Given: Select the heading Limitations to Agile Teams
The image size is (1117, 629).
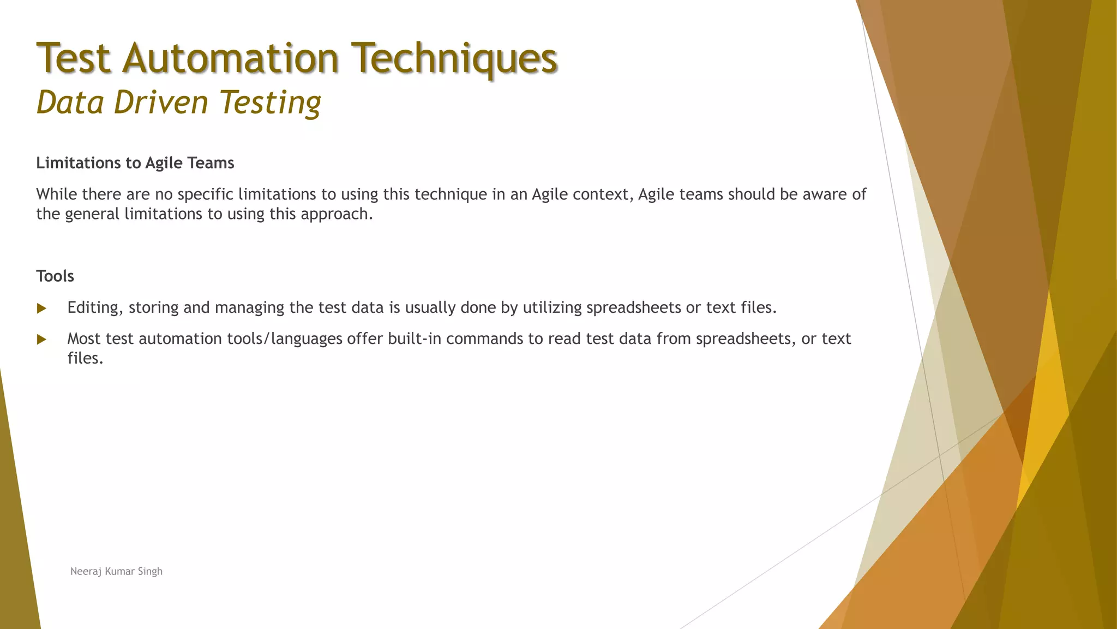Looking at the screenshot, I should (x=135, y=163).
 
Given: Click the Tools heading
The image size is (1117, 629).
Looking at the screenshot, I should (x=55, y=276).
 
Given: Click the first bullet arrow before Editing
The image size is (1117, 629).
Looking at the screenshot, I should (x=41, y=308).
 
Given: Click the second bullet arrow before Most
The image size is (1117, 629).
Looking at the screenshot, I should (x=41, y=340).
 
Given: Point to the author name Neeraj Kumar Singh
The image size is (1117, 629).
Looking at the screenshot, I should (x=116, y=571).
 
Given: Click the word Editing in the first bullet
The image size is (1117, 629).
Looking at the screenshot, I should (x=93, y=307).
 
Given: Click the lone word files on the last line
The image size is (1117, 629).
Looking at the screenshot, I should (x=85, y=358).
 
